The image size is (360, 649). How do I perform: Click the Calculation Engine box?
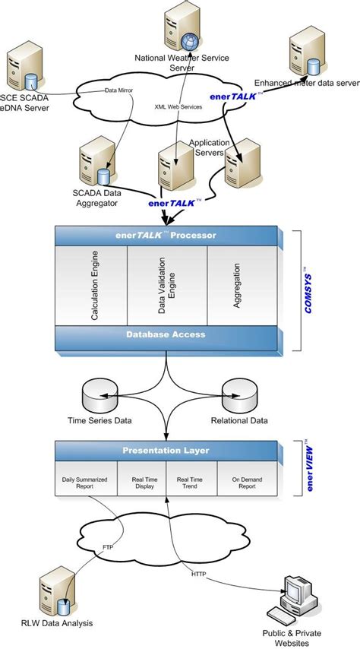tap(91, 286)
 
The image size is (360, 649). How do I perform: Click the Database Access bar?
tap(165, 334)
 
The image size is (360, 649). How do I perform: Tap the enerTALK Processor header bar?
tap(165, 236)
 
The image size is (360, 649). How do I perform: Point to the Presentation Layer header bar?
tap(165, 451)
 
